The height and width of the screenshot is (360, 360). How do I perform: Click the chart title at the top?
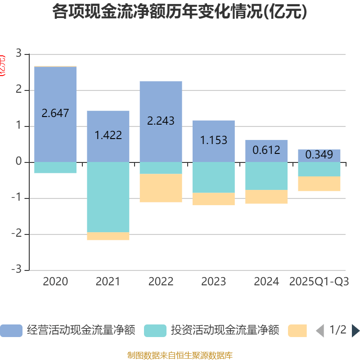[180, 12]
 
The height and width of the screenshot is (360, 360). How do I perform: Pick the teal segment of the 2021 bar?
[108, 197]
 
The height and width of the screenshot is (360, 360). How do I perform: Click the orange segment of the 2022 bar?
[161, 188]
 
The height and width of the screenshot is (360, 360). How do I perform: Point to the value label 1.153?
[213, 140]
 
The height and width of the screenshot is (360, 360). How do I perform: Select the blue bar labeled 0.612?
[266, 151]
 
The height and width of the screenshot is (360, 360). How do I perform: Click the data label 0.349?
[319, 155]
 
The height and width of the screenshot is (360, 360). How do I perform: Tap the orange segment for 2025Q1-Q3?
[319, 184]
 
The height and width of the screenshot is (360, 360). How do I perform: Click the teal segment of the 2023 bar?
[213, 177]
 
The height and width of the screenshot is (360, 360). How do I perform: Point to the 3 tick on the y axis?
[18, 54]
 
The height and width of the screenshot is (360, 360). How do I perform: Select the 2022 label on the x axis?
[161, 282]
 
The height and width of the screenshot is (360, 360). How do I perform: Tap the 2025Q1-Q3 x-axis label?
[319, 282]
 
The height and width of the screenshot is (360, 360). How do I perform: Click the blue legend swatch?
[11, 331]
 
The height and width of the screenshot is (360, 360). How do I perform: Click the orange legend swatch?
[297, 331]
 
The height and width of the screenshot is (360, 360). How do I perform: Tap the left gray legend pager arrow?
[320, 331]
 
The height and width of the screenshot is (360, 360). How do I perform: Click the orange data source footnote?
[180, 355]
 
